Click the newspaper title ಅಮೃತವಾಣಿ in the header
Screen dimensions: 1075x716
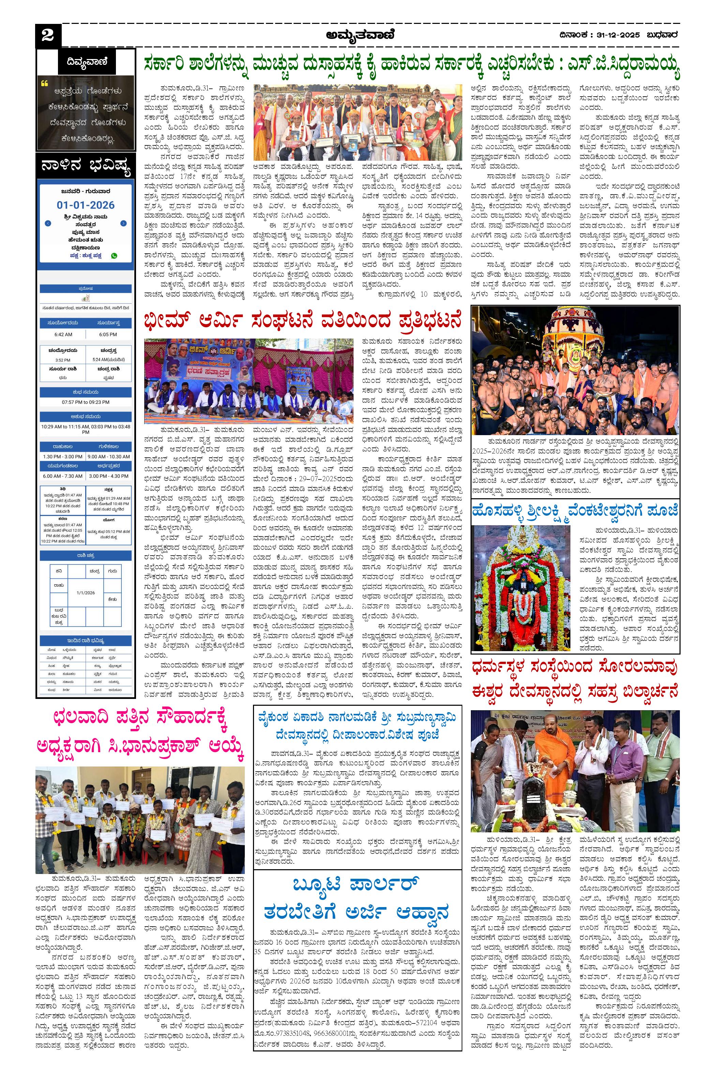pyautogui.click(x=360, y=35)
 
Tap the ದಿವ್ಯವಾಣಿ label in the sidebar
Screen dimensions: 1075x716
pyautogui.click(x=86, y=62)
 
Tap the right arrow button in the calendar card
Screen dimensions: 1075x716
pyautogui.click(x=123, y=224)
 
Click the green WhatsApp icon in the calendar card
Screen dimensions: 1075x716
pyautogui.click(x=114, y=256)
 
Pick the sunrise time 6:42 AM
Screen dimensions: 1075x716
pyautogui.click(x=63, y=334)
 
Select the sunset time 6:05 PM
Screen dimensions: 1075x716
pyautogui.click(x=108, y=334)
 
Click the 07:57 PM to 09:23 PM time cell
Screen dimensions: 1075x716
pyautogui.click(x=86, y=402)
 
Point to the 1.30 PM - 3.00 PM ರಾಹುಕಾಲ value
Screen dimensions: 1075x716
pyautogui.click(x=63, y=457)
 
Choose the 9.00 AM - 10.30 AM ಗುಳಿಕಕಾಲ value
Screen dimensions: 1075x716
pyautogui.click(x=108, y=457)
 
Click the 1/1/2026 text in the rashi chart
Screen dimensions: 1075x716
pyautogui.click(x=86, y=593)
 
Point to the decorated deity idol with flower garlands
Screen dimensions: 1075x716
pyautogui.click(x=521, y=590)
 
